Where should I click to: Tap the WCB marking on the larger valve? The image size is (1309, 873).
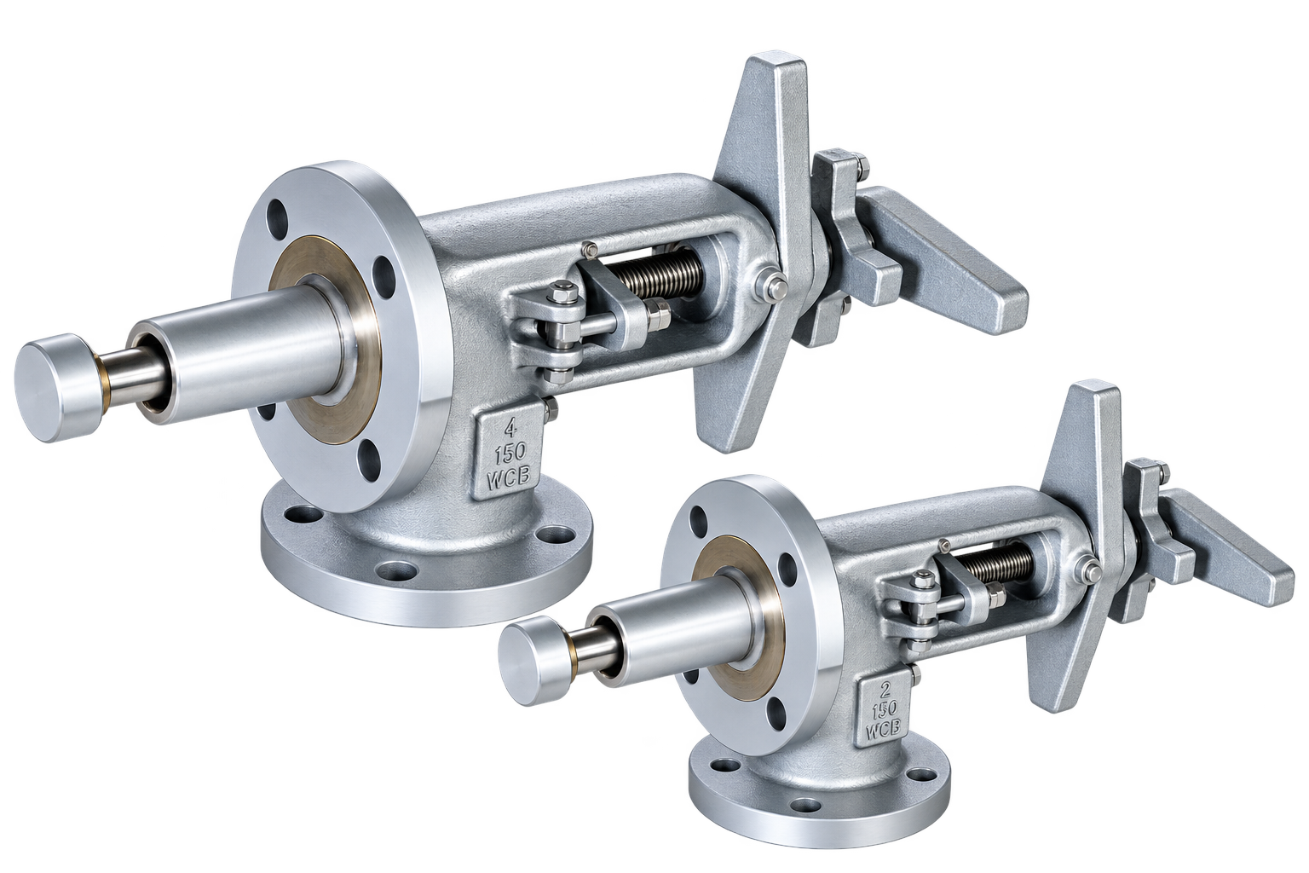(509, 477)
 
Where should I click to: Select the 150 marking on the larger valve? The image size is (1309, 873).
(510, 454)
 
